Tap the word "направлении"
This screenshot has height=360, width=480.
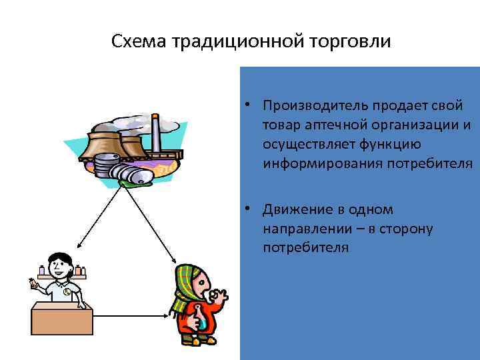point(303,229)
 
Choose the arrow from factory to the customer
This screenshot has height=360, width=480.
point(151,223)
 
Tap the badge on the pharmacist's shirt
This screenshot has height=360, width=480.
point(67,291)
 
